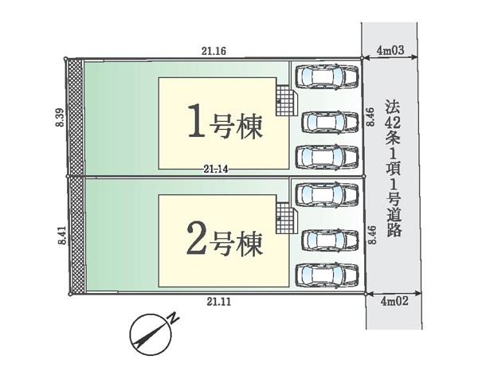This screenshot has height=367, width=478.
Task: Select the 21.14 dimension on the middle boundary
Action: click(x=216, y=170)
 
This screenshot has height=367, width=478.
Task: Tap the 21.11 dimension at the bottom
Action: click(x=219, y=302)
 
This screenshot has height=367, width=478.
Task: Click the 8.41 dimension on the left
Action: click(x=62, y=235)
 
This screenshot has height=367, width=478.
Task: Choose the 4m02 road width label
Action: click(x=394, y=301)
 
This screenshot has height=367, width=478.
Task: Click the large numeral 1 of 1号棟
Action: click(x=195, y=121)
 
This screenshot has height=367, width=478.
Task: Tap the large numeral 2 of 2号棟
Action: click(x=196, y=238)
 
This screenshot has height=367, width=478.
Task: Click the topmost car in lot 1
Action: click(x=327, y=76)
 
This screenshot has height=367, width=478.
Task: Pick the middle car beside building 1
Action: click(x=330, y=123)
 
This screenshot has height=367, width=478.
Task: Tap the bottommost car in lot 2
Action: click(x=327, y=275)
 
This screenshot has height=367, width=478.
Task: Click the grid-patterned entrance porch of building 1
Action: click(x=287, y=100)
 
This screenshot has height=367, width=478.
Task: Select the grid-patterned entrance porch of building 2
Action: click(x=287, y=218)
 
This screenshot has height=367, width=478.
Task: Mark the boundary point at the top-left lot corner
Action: click(x=65, y=58)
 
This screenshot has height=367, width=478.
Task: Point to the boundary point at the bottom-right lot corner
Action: click(x=366, y=294)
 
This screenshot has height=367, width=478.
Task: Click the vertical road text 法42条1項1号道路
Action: click(x=393, y=169)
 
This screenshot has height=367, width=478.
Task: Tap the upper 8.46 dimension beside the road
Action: click(x=370, y=117)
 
